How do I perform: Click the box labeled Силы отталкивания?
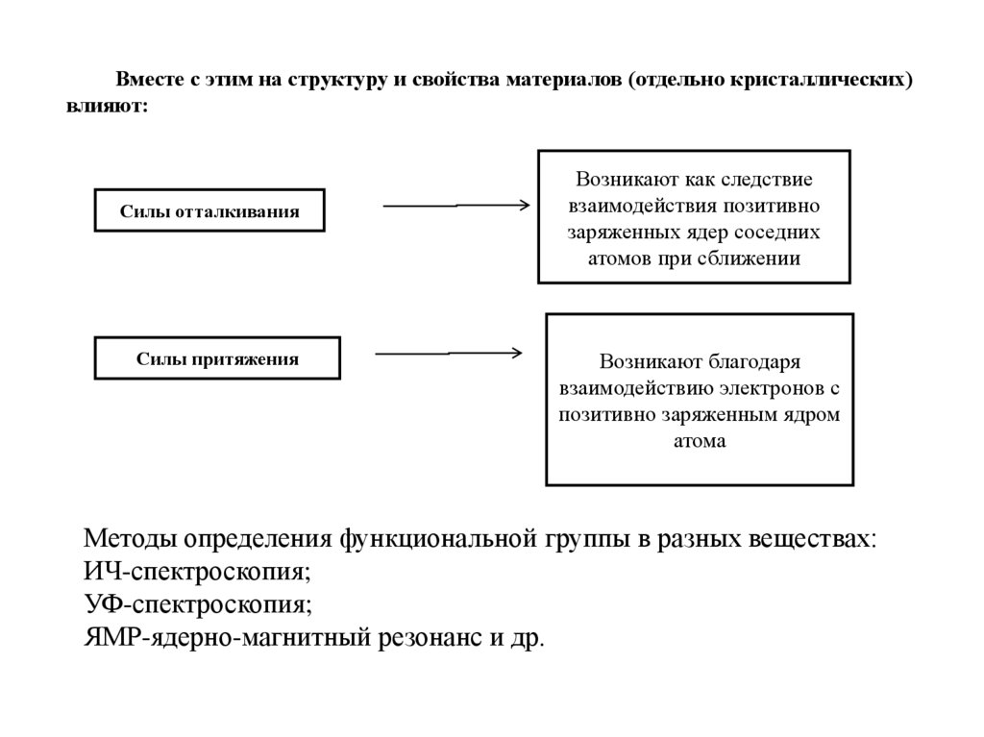(209, 211)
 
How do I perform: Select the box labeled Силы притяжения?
(216, 358)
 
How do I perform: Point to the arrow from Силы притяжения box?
(448, 354)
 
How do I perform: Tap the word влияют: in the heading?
(108, 107)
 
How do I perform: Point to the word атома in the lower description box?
(701, 442)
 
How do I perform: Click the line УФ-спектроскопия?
(198, 605)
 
